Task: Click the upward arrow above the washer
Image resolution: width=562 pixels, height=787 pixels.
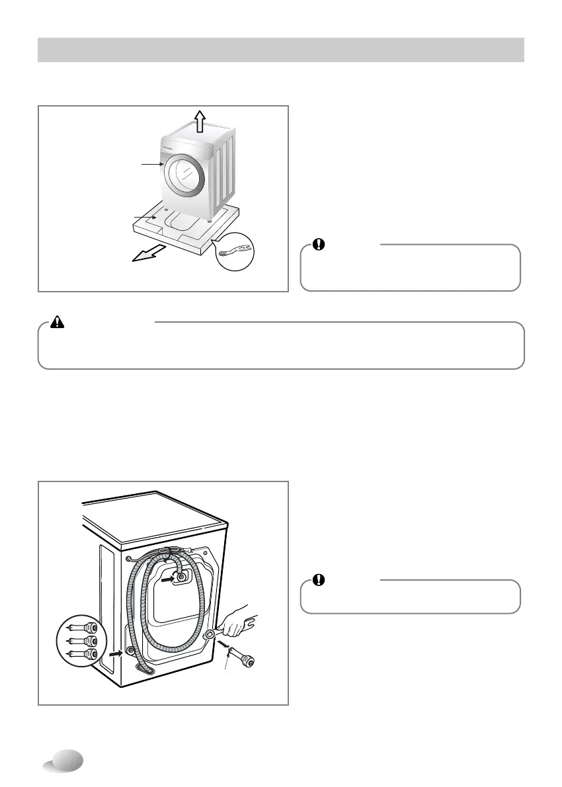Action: [x=199, y=121]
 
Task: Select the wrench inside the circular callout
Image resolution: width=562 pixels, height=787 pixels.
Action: [x=235, y=250]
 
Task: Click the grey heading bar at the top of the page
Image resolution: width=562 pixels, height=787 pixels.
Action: [x=281, y=50]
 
